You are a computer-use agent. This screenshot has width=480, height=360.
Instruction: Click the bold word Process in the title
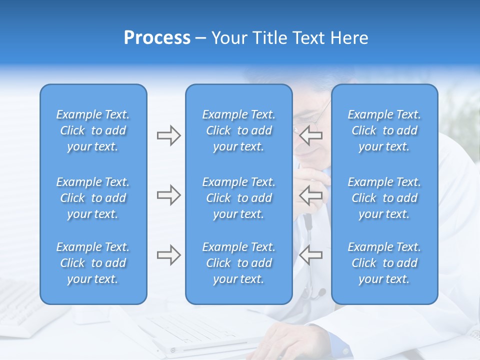[x=157, y=38]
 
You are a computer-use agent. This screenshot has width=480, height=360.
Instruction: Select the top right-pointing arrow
[x=168, y=135]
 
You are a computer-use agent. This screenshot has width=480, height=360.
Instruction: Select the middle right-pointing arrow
[x=168, y=195]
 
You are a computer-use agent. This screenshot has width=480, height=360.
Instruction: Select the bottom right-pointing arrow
[x=168, y=255]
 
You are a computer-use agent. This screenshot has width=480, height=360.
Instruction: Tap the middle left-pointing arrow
[x=310, y=195]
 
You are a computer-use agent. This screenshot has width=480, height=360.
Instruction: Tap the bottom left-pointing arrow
[x=310, y=255]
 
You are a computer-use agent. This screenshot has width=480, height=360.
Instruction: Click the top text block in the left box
[x=93, y=130]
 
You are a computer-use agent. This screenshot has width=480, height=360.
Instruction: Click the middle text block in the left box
[x=93, y=198]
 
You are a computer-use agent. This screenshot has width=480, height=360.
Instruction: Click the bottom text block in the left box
[x=93, y=263]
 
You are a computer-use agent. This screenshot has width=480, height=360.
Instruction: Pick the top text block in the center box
[x=238, y=130]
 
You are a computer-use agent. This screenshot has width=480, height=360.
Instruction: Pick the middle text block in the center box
[x=238, y=198]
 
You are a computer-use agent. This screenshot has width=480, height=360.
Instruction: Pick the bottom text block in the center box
[x=238, y=263]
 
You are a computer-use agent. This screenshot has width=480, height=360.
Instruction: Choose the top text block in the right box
[x=384, y=130]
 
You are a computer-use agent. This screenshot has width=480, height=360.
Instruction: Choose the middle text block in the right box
[x=384, y=198]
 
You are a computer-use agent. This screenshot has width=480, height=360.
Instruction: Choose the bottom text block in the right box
[x=384, y=263]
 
